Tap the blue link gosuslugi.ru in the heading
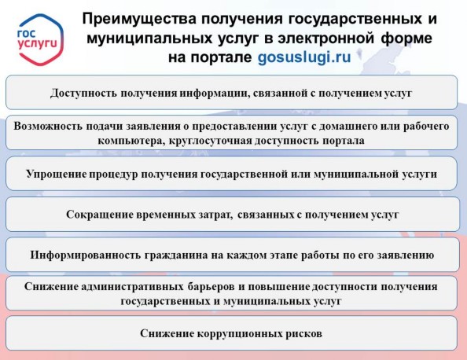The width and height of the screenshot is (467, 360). [x=304, y=57]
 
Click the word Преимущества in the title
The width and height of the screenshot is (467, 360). [x=139, y=20]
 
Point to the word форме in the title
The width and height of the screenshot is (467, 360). [x=406, y=39]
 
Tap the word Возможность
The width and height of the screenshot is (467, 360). [x=48, y=127]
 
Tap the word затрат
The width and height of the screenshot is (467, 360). [x=215, y=215]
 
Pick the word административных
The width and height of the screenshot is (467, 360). [x=132, y=286]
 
